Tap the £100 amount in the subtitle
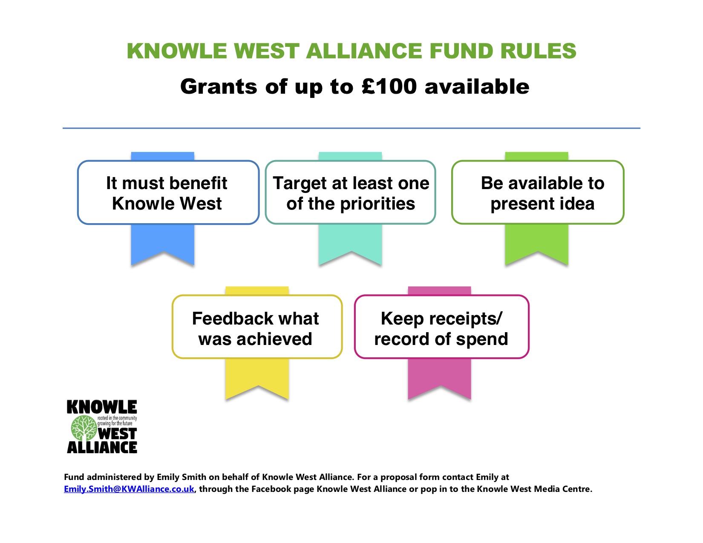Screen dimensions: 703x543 [389, 87]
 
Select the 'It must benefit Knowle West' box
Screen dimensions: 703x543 [168, 192]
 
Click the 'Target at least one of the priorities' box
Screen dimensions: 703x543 [350, 192]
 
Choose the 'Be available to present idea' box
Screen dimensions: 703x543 [538, 192]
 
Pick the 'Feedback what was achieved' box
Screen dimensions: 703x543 [257, 327]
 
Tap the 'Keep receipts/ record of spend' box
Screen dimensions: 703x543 [441, 327]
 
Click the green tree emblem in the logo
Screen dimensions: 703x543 [84, 428]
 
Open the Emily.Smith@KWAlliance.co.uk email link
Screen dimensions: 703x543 [129, 489]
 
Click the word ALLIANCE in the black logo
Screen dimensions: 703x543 [102, 447]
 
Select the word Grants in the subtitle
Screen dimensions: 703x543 [219, 87]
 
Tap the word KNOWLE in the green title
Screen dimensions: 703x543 [177, 51]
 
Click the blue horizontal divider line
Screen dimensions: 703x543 [351, 128]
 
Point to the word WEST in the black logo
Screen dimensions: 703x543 [117, 434]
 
